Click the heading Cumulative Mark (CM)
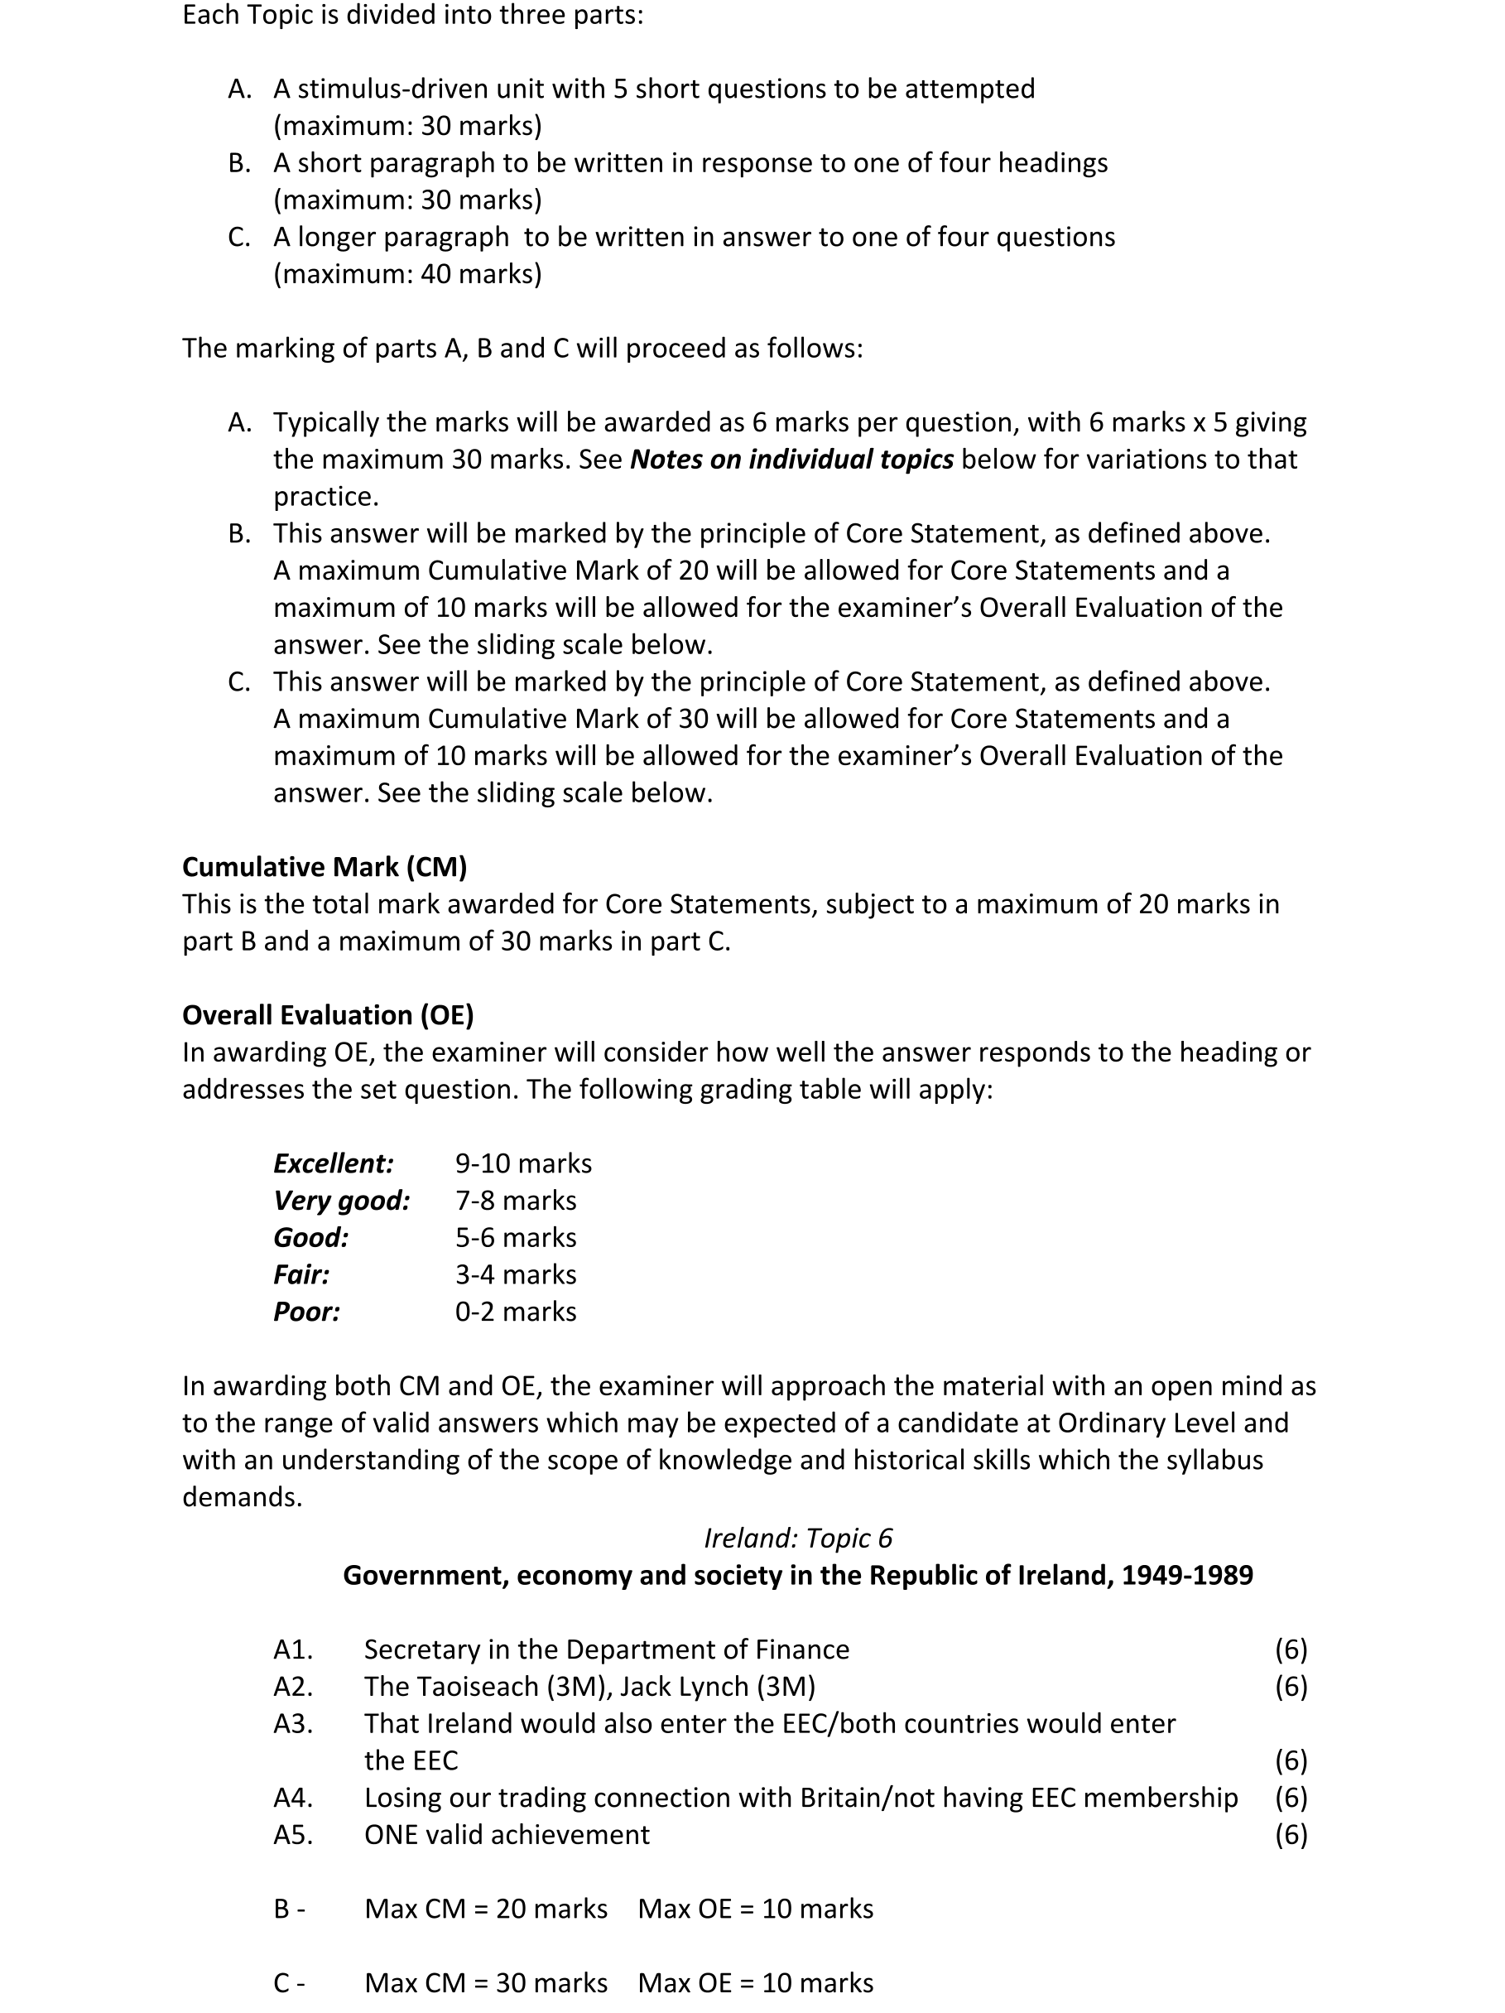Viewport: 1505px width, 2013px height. click(x=324, y=867)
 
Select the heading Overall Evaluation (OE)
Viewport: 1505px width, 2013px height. click(x=328, y=1014)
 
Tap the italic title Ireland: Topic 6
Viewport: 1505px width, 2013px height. click(x=798, y=1538)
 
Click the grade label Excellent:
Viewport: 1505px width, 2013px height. click(x=333, y=1163)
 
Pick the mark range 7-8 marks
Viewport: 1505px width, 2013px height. click(x=515, y=1201)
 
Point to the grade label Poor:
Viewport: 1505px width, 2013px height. click(x=306, y=1312)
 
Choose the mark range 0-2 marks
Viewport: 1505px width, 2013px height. click(x=515, y=1312)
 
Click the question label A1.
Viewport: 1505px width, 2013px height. click(x=293, y=1649)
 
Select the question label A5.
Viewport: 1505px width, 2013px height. click(x=293, y=1835)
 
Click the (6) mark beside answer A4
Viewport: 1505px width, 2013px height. click(x=1291, y=1798)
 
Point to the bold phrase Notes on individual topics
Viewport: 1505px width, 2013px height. click(x=791, y=460)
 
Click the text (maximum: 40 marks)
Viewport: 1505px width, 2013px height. click(x=406, y=274)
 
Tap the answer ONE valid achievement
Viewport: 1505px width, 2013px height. click(x=507, y=1835)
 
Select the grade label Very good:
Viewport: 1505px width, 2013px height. click(x=341, y=1201)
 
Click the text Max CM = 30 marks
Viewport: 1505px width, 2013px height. click(x=485, y=1983)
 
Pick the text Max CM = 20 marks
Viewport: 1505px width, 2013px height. click(x=485, y=1909)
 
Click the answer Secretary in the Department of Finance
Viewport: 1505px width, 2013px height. click(x=606, y=1649)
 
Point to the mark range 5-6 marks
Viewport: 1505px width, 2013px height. click(x=515, y=1238)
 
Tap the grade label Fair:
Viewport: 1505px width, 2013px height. click(x=301, y=1274)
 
